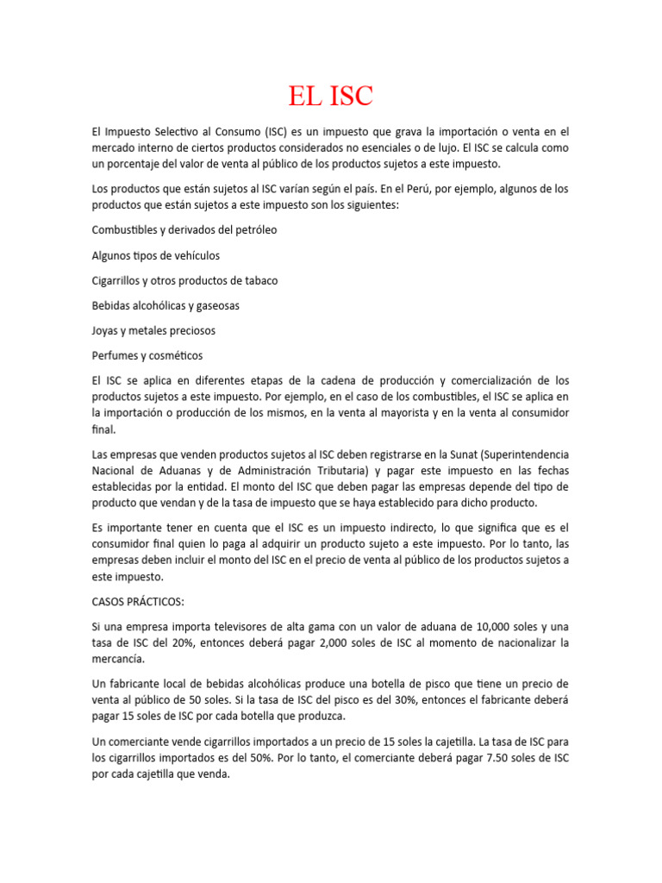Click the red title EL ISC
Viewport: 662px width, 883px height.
330,95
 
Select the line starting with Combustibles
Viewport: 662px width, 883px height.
184,230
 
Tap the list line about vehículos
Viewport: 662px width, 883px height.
155,255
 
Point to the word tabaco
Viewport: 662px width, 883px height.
258,280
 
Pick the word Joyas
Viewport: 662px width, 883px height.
106,330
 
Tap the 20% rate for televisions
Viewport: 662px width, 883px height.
200,642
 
